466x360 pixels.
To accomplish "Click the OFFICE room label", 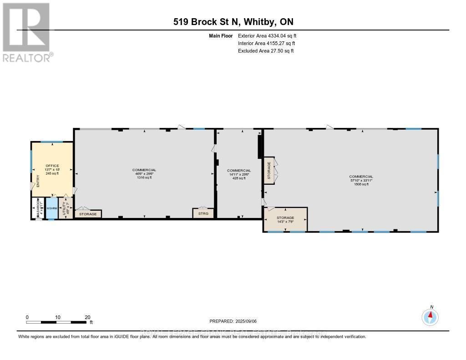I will coord(52,166).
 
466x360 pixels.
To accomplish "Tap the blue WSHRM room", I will coord(51,208).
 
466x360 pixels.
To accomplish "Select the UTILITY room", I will coord(65,208).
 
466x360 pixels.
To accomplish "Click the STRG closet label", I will coord(203,213).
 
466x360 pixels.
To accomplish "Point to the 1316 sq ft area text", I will coord(144,178).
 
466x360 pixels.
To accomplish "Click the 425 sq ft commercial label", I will coord(239,178).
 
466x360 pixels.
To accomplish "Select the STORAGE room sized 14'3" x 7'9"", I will coord(285,219).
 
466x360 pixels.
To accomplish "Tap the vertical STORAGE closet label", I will coord(269,170).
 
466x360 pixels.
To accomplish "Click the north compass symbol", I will coord(430,316).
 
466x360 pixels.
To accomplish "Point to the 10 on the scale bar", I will coord(58,317).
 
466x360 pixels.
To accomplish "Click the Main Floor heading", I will coord(221,35).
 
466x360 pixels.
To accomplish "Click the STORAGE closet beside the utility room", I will coord(88,214).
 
